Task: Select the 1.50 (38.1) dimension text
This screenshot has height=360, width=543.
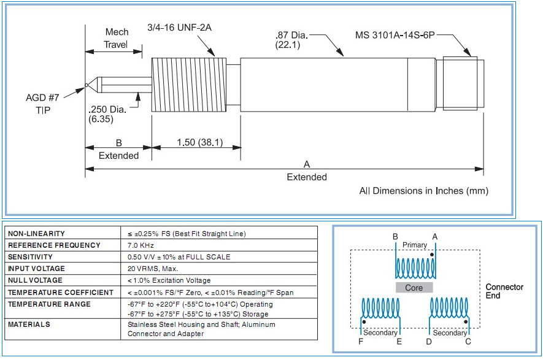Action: [199, 143]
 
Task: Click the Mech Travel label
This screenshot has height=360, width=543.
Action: [117, 38]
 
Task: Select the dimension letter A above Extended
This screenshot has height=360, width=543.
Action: [306, 164]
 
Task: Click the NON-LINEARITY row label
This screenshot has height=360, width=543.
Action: [36, 234]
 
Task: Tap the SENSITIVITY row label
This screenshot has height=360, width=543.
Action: [30, 257]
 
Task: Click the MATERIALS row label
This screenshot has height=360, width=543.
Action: [29, 324]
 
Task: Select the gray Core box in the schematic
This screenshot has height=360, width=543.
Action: [414, 287]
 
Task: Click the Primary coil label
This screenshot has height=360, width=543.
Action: [415, 245]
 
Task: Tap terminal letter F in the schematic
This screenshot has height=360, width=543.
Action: [361, 341]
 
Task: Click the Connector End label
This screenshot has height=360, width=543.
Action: [504, 291]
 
